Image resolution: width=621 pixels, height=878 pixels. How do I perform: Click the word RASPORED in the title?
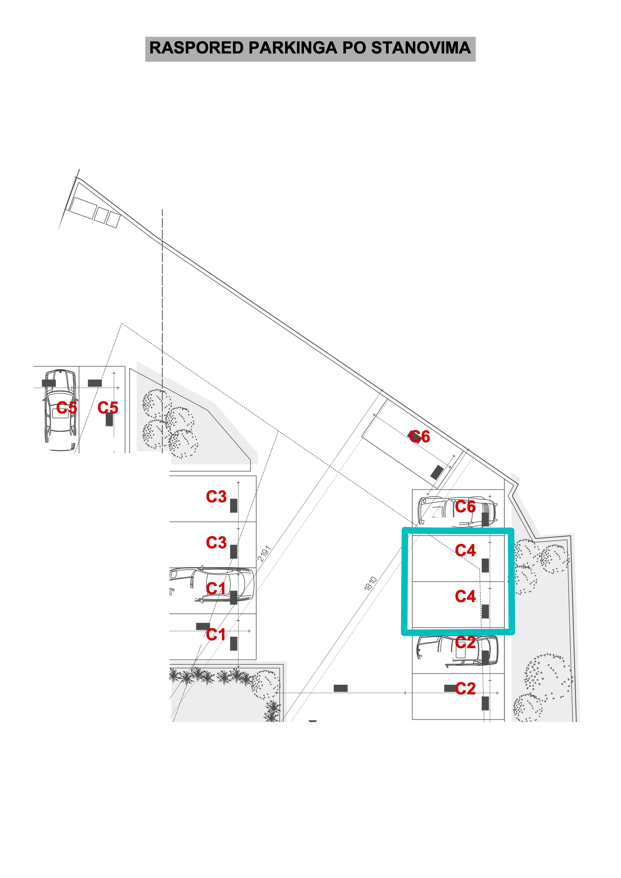197,48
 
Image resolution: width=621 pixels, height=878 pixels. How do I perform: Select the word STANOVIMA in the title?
421,48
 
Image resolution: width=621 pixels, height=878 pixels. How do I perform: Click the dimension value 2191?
264,554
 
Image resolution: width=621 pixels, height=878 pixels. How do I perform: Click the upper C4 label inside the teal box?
465,550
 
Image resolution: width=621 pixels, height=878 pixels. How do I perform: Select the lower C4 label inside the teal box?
465,596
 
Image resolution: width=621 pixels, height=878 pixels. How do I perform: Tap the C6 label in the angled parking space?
420,436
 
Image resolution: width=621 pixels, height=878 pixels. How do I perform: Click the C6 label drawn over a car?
465,507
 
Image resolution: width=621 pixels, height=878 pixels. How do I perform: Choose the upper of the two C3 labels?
216,497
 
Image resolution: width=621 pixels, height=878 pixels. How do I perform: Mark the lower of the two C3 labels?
216,542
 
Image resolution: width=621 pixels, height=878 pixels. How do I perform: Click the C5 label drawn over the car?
66,408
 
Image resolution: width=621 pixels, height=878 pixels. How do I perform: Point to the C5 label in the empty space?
108,408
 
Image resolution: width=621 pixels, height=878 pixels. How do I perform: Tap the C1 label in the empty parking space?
216,634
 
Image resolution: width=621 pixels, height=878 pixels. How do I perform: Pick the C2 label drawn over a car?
465,642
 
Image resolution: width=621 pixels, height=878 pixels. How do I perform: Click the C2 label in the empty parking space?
465,688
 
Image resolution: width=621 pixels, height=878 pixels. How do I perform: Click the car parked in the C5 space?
60,410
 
